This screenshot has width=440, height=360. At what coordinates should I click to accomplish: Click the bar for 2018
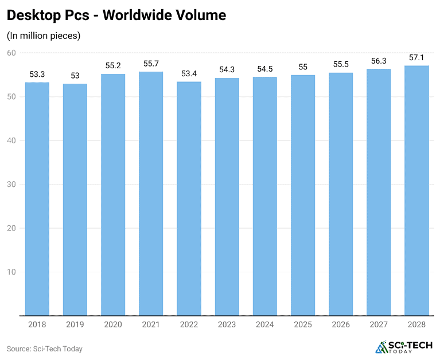coord(37,199)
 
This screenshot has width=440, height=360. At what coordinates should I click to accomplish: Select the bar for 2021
coord(151,194)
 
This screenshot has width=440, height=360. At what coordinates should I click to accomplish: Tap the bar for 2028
coord(416,191)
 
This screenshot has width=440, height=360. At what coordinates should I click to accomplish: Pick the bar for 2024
coord(264,196)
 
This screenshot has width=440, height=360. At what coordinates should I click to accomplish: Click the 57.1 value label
coord(416,58)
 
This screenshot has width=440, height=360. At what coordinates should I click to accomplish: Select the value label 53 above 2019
coord(75,76)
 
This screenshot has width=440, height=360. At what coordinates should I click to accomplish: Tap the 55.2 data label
coord(113,66)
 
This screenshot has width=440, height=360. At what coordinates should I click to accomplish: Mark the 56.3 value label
coord(379,61)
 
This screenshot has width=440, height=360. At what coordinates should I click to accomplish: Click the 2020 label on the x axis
coord(113,324)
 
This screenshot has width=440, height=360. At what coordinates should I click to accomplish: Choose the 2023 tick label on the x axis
coord(227,324)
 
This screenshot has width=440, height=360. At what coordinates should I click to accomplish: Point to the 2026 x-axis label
coord(341,324)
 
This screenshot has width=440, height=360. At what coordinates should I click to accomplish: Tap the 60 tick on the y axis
coord(11,53)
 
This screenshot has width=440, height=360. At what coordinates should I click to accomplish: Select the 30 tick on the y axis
coord(11,184)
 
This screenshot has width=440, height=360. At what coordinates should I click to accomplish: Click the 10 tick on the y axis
coord(11,272)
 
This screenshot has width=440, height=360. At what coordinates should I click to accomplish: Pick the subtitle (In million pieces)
coord(44,36)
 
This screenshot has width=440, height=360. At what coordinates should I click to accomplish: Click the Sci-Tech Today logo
coord(401,347)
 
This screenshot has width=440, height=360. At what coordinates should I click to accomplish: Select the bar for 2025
coord(302,195)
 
